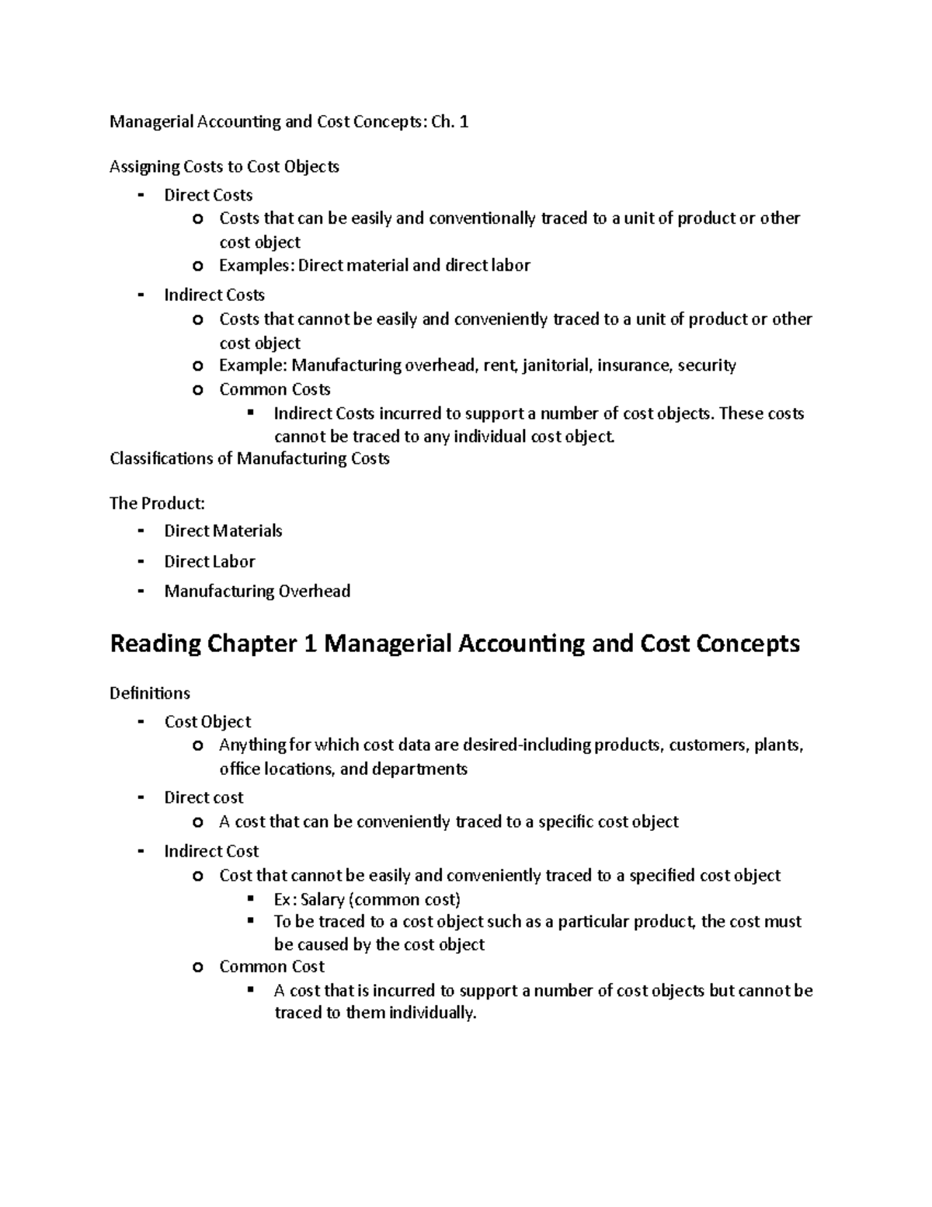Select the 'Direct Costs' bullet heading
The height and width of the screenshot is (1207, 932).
208,195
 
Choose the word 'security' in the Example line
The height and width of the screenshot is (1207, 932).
707,365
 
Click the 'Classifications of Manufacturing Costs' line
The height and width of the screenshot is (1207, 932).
249,459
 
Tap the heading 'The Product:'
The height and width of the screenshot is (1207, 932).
158,504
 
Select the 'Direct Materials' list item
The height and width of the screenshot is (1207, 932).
223,531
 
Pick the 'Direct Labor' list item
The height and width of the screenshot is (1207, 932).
210,561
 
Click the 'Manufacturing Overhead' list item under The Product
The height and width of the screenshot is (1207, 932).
257,591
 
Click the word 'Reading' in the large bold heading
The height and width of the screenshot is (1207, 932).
155,644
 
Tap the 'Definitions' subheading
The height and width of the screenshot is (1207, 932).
150,692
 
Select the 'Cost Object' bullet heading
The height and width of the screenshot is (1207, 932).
207,722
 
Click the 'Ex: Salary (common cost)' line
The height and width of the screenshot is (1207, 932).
367,900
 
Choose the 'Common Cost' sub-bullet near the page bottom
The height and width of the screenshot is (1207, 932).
272,967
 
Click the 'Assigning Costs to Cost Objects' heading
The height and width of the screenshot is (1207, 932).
224,167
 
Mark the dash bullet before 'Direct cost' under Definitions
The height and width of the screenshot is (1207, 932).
141,798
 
